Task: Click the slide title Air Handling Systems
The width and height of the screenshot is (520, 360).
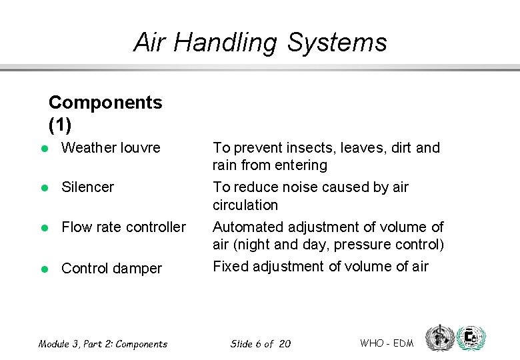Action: coord(260,43)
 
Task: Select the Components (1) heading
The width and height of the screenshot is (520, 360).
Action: coord(105,113)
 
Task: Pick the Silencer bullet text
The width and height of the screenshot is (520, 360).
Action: coord(87,187)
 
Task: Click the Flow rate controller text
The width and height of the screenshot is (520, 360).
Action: coord(123,227)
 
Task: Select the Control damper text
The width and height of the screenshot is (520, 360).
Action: coord(111,269)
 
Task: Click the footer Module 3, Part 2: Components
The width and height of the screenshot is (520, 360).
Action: coord(103,344)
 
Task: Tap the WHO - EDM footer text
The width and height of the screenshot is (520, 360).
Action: coord(387,343)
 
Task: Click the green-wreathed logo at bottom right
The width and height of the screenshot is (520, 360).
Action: coord(472,339)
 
